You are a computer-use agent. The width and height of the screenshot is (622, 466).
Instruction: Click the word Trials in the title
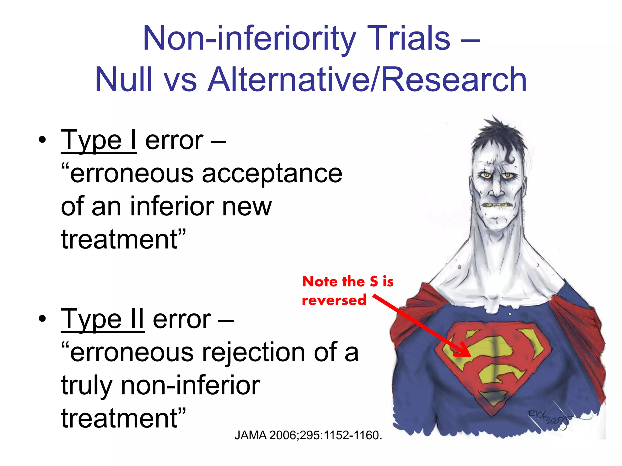tap(408, 39)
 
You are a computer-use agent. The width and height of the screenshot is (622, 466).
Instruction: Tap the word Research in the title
tap(454, 79)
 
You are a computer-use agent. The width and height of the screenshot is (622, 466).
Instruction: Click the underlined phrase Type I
tap(99, 141)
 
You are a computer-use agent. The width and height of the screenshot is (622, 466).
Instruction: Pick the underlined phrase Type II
tap(103, 319)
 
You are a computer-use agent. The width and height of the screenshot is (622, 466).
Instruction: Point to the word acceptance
tap(272, 174)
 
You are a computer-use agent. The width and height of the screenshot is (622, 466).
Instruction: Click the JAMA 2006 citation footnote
tap(308, 435)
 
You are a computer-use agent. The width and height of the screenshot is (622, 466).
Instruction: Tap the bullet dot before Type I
tap(42, 140)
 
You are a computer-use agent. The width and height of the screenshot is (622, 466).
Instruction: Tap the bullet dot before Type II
tap(42, 319)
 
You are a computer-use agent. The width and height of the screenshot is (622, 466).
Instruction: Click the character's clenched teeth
tap(498, 206)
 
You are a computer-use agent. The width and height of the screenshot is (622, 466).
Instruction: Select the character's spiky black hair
tap(498, 137)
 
